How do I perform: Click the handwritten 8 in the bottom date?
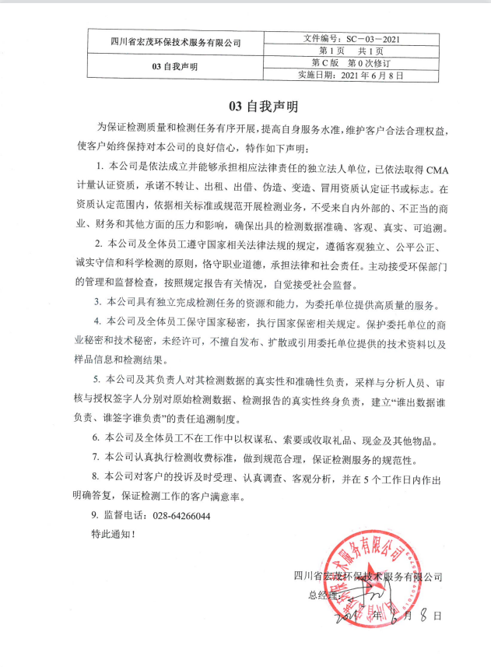(427, 615)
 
